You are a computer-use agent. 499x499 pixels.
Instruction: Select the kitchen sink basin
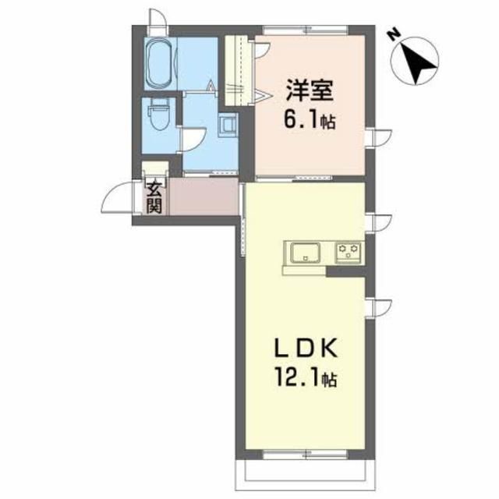click(x=306, y=253)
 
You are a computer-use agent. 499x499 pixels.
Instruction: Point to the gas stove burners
click(x=348, y=252)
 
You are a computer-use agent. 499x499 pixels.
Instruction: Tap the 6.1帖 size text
click(x=311, y=122)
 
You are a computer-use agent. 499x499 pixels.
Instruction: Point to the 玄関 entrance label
click(x=154, y=198)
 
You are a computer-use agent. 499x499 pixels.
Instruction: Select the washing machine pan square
click(x=228, y=124)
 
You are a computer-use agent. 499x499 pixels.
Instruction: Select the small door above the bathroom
click(x=157, y=18)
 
